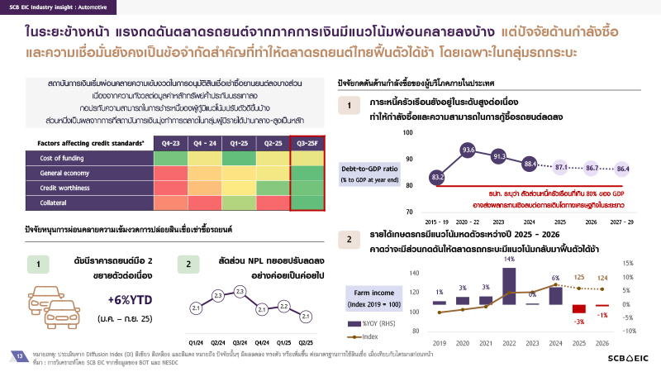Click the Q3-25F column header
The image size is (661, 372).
[x=305, y=143]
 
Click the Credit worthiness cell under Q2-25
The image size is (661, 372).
[x=267, y=188]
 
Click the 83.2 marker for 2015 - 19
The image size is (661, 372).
[x=437, y=177]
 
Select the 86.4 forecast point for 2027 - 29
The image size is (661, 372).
[x=623, y=169]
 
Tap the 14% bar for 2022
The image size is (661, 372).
[x=509, y=285]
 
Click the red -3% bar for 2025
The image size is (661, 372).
[x=578, y=309]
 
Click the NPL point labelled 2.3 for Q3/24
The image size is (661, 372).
[x=240, y=292]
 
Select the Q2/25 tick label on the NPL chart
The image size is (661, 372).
[x=305, y=342]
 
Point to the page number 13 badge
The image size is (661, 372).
[x=18, y=355]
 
